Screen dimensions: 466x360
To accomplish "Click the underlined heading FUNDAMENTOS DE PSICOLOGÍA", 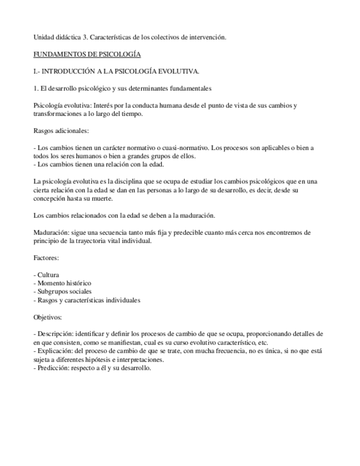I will coord(87,54).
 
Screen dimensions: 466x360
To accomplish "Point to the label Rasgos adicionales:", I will coord(61,131).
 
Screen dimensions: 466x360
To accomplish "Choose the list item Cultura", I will coord(48,274).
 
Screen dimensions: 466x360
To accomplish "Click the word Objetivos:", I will coord(48,317).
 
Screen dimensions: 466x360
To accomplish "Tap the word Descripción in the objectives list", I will coord(54,334).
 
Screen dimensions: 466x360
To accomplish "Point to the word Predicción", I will coord(53,368).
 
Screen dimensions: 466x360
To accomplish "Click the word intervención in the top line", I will coord(208,37).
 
